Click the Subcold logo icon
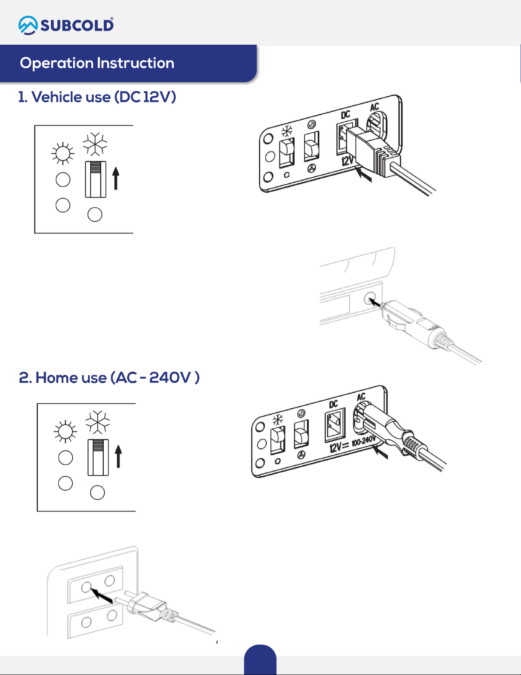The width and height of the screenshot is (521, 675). coord(28,25)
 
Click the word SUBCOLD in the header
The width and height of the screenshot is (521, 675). coord(77,26)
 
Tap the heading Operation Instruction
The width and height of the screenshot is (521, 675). coord(97,63)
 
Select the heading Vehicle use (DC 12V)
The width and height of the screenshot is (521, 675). coord(97,97)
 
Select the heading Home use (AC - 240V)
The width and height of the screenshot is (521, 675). coord(109,378)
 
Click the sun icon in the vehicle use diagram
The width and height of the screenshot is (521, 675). coord(63,153)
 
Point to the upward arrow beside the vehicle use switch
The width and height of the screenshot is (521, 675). coord(116,178)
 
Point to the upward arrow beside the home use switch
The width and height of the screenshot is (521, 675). coord(118,457)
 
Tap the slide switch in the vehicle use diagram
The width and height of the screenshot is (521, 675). coord(96,179)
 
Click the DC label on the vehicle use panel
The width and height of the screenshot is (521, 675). coord(346,115)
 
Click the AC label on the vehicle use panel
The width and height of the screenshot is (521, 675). coord(374,107)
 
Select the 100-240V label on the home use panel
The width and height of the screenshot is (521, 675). coord(363,441)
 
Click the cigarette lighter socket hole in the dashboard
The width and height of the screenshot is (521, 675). coord(370,298)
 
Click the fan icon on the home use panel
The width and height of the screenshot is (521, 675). coord(301,454)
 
